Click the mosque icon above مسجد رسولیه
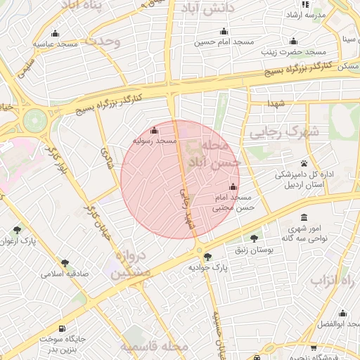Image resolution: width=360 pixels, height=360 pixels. coord(155,130)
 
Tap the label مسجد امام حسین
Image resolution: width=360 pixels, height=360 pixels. coord(224,42)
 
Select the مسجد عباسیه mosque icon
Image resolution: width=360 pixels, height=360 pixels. coord(56,33)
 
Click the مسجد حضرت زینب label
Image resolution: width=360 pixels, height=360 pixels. coord(293,52)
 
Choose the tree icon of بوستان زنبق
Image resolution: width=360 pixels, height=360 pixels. coord(254,238)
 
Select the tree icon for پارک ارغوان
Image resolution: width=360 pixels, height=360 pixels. coord(17,230)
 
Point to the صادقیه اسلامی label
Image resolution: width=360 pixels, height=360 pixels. coord(64,274)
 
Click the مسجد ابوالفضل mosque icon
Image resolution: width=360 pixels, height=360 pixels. coord(342,314)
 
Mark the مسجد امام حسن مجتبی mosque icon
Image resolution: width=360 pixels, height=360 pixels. coord(233,187)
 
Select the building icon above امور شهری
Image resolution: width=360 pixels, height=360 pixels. coord(304,218)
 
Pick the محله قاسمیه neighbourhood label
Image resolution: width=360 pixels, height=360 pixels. coord(154,347)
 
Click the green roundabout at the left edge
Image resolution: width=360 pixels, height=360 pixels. coord(33,120)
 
